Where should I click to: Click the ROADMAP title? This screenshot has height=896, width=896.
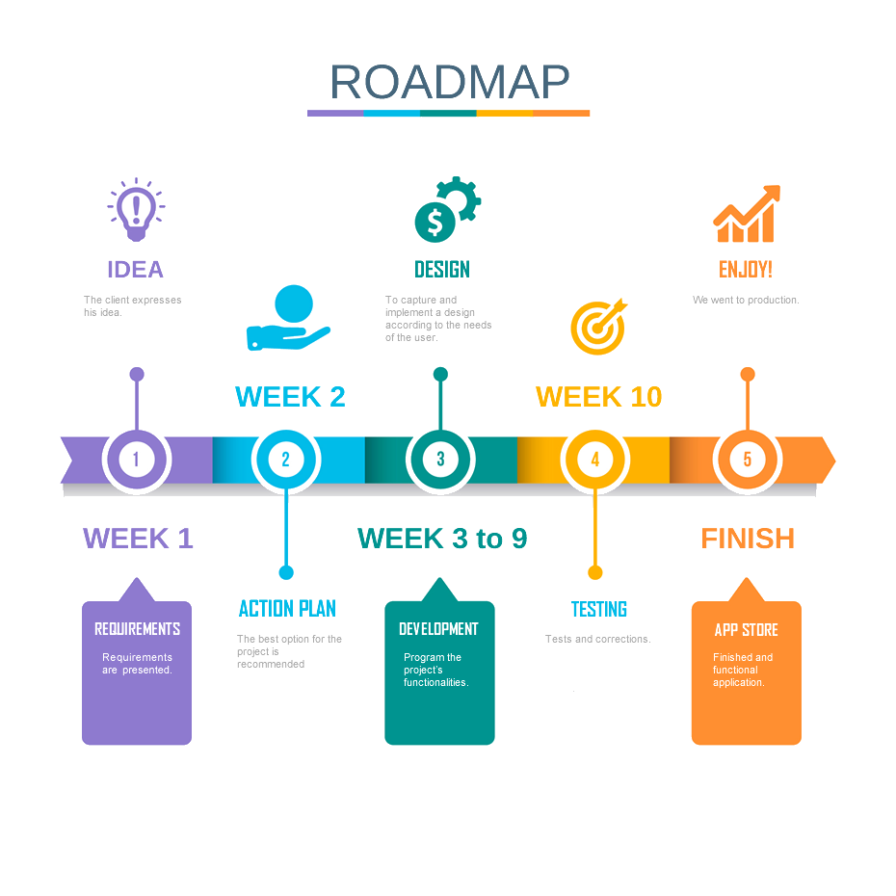pos(449,83)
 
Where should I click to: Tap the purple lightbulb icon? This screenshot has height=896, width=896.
pos(136,209)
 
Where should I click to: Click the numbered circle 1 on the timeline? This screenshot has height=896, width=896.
pos(136,460)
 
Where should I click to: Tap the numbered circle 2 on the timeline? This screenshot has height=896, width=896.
pos(285,460)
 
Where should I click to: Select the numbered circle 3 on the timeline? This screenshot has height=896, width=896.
pos(440,460)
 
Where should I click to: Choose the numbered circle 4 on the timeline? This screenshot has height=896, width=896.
pos(594,460)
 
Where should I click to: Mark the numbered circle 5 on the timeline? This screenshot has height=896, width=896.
pos(747,460)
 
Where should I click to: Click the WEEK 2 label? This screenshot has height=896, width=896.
pos(290,397)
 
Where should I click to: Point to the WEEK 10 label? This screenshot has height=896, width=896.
pos(599,397)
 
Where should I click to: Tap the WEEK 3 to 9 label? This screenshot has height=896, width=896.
pos(442,539)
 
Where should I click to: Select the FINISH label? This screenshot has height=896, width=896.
pos(748,539)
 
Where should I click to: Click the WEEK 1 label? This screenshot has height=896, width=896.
pos(139,539)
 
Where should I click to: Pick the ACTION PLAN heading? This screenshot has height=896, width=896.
pos(287,608)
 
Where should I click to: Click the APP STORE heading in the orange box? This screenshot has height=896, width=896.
pos(747,630)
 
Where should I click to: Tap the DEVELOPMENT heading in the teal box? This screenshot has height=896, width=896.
pos(439,629)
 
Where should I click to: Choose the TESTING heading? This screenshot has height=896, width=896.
pos(599,609)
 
